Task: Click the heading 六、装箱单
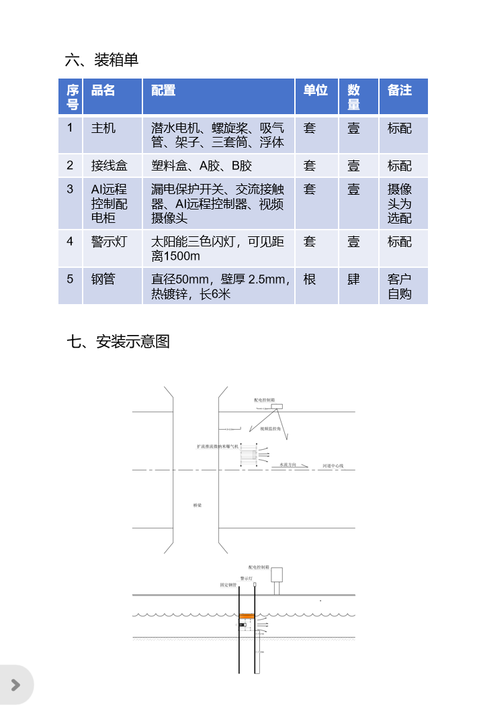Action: point(101,60)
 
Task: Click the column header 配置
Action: point(163,91)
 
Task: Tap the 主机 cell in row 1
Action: point(103,128)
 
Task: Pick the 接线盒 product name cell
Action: point(109,166)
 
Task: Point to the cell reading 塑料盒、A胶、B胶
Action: point(202,166)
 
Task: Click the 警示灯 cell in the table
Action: point(109,242)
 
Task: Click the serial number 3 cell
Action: point(70,189)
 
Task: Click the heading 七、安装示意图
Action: point(118,342)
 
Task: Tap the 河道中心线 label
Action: point(333,465)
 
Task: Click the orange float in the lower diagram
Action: point(247,616)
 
